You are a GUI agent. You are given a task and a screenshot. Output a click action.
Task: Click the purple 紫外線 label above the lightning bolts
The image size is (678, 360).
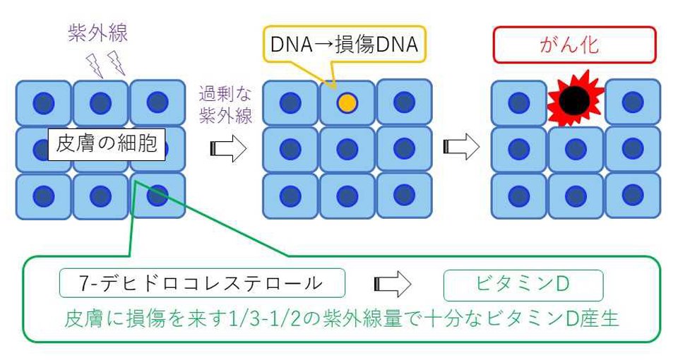[97, 33]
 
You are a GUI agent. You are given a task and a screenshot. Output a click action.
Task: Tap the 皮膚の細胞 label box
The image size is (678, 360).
[107, 144]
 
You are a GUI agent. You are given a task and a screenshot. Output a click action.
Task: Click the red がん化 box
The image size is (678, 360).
[575, 44]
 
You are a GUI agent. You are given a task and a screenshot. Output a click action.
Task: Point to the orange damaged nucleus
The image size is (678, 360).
[347, 103]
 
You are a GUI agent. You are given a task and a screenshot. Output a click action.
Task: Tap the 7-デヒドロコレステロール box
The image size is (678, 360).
[202, 283]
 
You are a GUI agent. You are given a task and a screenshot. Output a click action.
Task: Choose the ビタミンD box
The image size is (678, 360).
[523, 284]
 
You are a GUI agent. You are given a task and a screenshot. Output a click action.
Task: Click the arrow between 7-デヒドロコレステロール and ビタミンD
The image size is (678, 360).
[392, 284]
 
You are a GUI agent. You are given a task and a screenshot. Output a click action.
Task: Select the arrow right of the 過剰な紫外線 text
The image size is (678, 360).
[228, 148]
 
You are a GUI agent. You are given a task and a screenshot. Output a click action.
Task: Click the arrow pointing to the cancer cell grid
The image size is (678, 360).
[461, 147]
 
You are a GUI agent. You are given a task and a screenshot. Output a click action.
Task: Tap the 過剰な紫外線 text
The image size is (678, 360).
[226, 105]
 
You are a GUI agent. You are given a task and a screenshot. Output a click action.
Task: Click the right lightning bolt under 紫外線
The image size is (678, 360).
[117, 63]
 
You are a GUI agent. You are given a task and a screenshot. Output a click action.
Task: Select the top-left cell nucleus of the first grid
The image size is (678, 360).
[44, 103]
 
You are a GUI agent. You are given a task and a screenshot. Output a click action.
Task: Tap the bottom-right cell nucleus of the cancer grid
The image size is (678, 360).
[633, 195]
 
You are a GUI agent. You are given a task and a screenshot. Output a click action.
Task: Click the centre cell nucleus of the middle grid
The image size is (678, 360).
[347, 149]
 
